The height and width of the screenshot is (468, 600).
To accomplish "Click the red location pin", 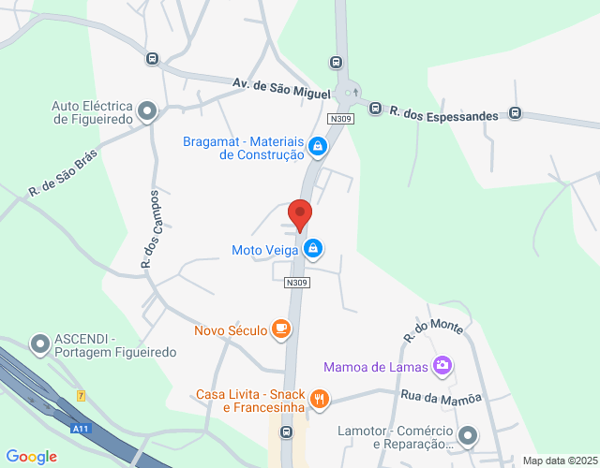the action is (x=300, y=215).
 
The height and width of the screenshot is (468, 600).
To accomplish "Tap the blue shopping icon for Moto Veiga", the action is (x=314, y=249).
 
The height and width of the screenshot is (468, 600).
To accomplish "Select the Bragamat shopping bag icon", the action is (x=318, y=146).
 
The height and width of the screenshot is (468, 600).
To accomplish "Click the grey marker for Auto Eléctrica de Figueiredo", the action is (x=147, y=112).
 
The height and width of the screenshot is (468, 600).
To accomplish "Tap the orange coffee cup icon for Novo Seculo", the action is (x=280, y=329).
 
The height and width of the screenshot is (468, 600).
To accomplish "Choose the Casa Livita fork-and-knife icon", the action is (x=320, y=399).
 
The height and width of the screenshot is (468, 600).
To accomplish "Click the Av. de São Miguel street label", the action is (x=282, y=90).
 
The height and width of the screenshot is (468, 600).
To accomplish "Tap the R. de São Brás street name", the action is (x=63, y=174).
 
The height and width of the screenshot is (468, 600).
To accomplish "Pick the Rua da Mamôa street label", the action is (x=441, y=398).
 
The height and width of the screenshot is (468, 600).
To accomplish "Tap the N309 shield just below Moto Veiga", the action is (x=297, y=282).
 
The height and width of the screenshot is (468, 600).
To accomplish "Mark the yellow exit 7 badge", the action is (x=82, y=396).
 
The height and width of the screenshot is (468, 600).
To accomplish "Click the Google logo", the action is (x=31, y=457).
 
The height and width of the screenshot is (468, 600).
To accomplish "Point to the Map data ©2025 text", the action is (x=558, y=461).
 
